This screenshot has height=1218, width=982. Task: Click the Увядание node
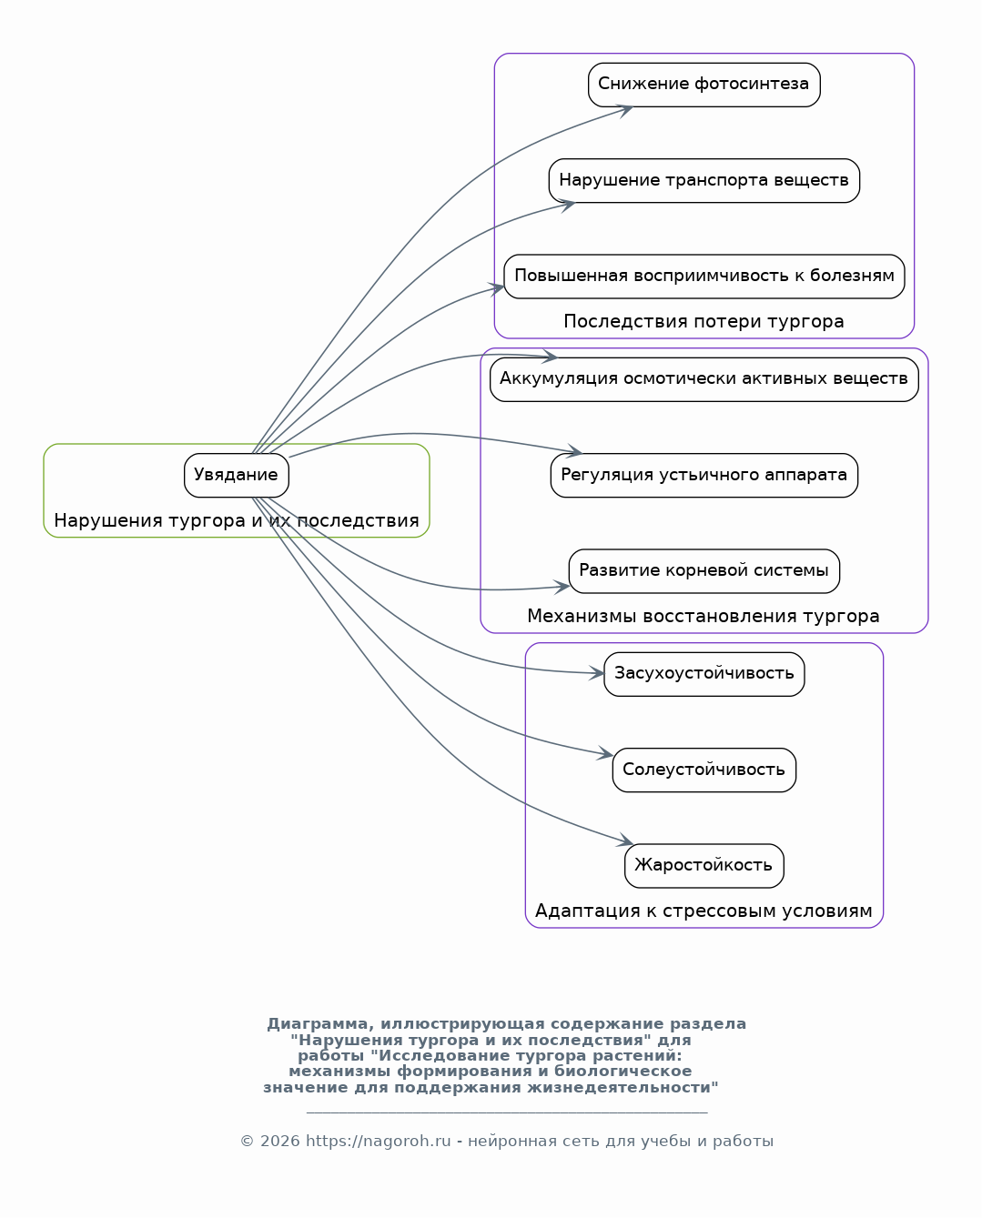[236, 476]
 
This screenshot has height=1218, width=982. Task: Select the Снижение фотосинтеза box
[704, 85]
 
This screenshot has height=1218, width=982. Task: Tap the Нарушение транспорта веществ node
[704, 180]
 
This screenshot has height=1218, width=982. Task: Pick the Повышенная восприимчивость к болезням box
[704, 277]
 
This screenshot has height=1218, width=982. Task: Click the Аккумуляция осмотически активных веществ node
[704, 380]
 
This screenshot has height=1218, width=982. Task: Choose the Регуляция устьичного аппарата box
[704, 476]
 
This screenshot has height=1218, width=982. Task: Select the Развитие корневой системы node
[704, 571]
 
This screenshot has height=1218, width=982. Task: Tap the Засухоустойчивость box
[704, 674]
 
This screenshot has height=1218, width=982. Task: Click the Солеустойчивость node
[704, 770]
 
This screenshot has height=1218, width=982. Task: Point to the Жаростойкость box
[704, 866]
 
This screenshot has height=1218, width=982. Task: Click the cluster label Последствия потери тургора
[704, 321]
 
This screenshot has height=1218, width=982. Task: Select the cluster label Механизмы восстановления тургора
[704, 616]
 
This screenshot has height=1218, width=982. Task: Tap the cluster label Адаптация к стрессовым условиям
[704, 911]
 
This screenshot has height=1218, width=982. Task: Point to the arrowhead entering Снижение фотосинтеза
[624, 110]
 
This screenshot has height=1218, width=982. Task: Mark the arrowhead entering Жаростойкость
[625, 841]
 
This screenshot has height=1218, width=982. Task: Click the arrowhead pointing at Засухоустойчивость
[596, 673]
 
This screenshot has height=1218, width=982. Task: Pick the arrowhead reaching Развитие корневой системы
[562, 587]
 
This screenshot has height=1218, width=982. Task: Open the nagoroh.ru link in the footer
[379, 1141]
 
